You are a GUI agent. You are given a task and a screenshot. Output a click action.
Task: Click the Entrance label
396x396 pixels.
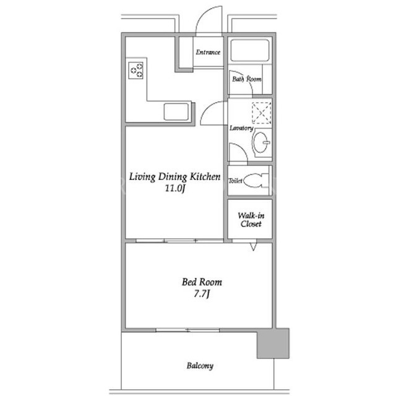208,52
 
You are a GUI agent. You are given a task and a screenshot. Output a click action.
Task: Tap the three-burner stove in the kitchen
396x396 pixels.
136,70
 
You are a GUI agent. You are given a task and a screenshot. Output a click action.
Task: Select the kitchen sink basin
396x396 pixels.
176,111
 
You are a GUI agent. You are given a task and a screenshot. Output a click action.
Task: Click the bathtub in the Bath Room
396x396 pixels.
249,50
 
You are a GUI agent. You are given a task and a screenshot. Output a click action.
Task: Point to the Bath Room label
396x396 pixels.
247,79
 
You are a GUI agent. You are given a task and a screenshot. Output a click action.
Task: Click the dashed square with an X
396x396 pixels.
262,113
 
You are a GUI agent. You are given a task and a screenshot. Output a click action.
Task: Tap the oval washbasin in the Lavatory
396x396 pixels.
260,142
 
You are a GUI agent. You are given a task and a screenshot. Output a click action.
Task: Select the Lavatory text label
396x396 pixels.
241,128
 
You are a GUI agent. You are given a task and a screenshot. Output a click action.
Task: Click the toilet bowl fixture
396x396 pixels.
256,180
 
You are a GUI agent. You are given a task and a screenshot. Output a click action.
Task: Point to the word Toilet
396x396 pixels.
235,181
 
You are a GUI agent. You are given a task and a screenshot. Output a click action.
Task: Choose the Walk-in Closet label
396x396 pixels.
251,220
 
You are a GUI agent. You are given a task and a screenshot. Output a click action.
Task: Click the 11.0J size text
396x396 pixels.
176,188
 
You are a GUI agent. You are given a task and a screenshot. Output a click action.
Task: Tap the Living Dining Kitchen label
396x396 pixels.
174,177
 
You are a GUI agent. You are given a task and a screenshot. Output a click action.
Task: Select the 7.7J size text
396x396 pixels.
202,294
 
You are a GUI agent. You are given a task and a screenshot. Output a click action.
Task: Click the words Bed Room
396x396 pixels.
202,282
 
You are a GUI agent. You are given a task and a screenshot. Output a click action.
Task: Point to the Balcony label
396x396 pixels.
200,366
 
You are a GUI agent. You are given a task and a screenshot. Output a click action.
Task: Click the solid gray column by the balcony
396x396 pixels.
273,343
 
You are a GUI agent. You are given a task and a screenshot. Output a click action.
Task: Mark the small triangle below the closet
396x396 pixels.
253,247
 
